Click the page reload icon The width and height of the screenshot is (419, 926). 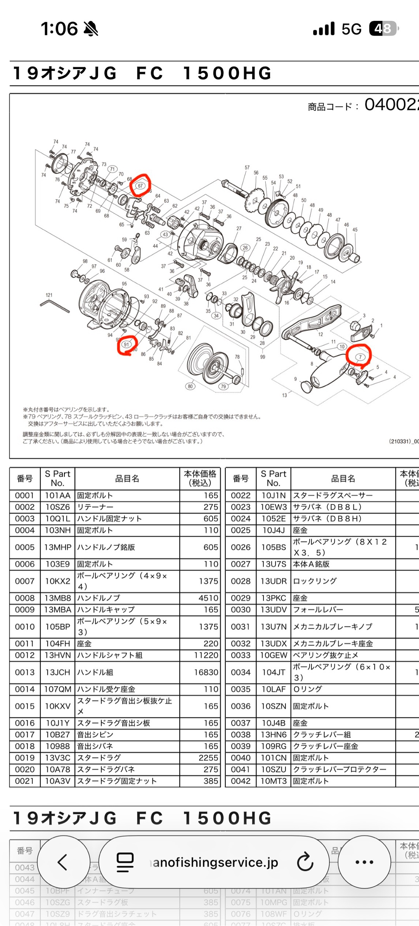305,862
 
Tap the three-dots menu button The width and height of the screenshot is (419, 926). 364,862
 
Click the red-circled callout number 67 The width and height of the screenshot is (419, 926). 140,186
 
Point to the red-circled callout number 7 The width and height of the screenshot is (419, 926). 360,357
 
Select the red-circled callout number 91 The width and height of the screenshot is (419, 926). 126,344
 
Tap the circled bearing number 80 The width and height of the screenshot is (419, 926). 190,386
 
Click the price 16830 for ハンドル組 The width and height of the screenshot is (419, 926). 206,672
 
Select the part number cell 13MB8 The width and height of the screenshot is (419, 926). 57,598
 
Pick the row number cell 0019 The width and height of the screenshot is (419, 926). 24,758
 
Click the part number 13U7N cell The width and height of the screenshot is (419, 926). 274,627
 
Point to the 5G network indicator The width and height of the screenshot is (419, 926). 351,29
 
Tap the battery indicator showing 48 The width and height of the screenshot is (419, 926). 383,29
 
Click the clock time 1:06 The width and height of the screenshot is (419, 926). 59,29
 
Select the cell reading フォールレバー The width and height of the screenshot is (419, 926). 318,610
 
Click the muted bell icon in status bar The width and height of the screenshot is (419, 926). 91,29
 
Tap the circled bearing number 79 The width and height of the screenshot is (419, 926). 223,386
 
